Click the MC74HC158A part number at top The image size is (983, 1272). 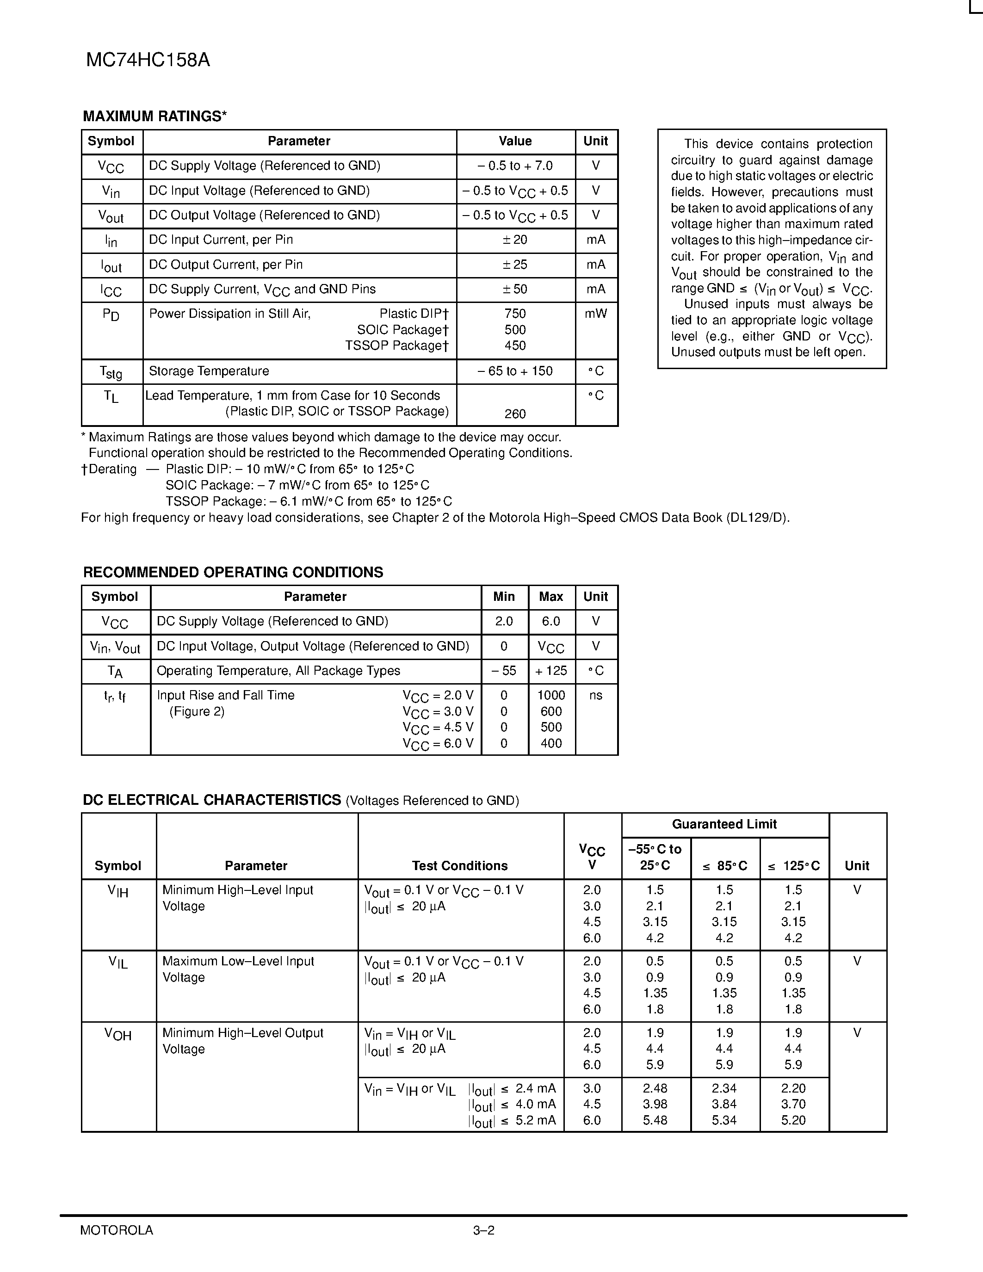(148, 61)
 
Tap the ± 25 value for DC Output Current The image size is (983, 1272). (515, 265)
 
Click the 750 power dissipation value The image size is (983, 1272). (515, 314)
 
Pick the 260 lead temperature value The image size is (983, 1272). (515, 414)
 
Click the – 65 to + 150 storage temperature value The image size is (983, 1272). (515, 371)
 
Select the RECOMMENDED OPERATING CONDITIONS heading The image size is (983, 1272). (233, 573)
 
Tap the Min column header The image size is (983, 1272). (504, 597)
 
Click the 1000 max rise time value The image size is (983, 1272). (551, 695)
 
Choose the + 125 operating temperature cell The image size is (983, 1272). (551, 671)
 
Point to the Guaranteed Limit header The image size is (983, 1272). (724, 825)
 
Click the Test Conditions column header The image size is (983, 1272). (459, 866)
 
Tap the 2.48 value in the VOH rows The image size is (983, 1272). (655, 1088)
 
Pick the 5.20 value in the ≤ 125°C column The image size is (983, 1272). (793, 1121)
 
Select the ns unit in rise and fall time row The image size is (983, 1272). (595, 695)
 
